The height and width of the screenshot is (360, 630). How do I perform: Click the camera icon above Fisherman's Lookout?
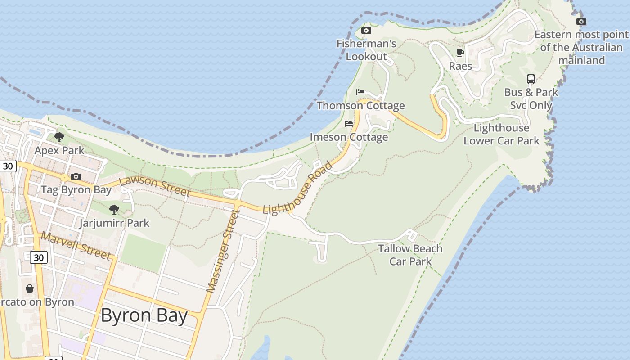(x=366, y=31)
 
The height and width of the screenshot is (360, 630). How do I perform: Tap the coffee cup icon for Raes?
(x=460, y=53)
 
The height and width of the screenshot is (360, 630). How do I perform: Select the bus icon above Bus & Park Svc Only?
(x=531, y=79)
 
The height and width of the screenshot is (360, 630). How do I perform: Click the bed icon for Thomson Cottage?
(x=360, y=92)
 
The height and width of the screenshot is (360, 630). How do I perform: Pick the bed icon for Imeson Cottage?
(x=349, y=124)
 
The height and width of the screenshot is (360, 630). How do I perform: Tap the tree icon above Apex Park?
(x=59, y=137)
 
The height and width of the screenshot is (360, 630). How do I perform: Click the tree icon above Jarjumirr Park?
(x=114, y=209)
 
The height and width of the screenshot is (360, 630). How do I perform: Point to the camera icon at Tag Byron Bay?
(x=76, y=176)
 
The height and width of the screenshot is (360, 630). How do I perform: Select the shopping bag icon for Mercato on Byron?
(x=30, y=288)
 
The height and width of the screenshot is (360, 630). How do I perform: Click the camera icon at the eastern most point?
(x=581, y=21)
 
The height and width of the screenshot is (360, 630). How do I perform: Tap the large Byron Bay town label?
(x=144, y=315)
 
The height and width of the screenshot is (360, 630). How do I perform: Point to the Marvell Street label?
(x=76, y=246)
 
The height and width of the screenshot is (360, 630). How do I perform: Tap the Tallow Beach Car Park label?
(x=410, y=255)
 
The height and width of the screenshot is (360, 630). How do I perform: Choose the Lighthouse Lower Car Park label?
(x=501, y=134)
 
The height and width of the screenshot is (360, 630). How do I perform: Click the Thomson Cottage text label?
(x=361, y=106)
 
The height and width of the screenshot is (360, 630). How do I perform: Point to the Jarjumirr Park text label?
(x=114, y=223)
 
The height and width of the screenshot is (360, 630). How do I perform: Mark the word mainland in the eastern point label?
(x=581, y=60)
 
